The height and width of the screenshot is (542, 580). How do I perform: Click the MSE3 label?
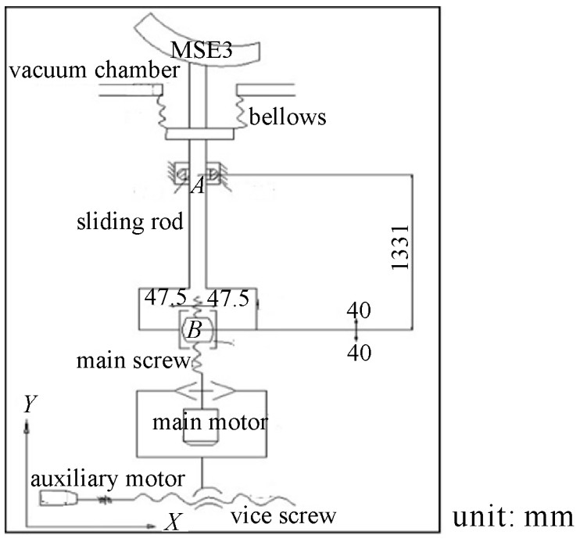point(202,50)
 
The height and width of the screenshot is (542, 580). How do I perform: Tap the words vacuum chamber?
point(95,70)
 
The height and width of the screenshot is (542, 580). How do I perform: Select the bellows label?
point(288,117)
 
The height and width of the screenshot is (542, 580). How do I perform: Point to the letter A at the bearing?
point(199,185)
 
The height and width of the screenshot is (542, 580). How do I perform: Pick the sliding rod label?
point(130,221)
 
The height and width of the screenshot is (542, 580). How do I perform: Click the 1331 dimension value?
point(400,247)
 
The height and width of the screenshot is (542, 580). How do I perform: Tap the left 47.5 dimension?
point(166,297)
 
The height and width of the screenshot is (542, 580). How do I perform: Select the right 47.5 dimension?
point(228,298)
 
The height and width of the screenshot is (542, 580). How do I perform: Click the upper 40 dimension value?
point(359,310)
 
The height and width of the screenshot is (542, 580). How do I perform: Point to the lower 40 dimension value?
point(359,353)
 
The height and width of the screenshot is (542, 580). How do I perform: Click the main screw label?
point(133,361)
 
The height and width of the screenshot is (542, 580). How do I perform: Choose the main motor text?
point(210,422)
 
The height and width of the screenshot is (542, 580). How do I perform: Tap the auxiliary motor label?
point(108,479)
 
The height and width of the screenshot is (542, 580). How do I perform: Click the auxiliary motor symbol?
point(59,498)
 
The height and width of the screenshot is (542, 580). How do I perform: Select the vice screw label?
point(283,515)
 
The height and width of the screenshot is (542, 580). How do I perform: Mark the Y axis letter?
point(30,404)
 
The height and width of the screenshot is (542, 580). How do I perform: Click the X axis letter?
point(173,522)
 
